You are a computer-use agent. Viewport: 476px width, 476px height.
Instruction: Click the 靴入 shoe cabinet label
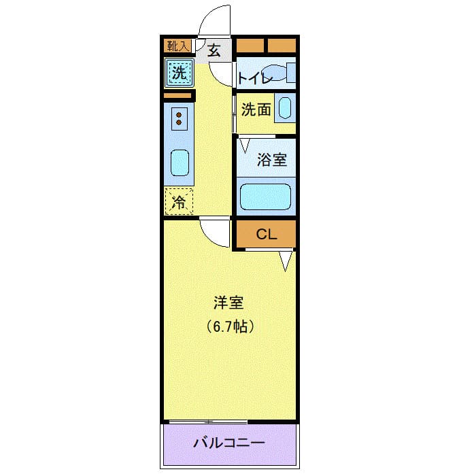pos(179,46)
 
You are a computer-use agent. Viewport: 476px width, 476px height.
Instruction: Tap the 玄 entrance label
pos(214,50)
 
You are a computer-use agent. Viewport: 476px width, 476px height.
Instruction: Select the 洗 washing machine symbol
pos(179,73)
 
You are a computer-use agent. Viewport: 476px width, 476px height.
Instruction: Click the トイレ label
pos(254,78)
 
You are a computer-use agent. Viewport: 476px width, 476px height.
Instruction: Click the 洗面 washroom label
pos(257,109)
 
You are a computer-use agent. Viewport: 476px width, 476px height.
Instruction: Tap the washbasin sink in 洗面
pos(285,109)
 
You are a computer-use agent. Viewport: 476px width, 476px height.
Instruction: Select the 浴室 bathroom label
pos(271,160)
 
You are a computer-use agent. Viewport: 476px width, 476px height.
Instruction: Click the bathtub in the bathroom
pos(266,197)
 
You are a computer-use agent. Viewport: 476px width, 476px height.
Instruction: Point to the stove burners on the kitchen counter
pos(180,118)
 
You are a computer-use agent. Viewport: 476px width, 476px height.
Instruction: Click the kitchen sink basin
pos(180,163)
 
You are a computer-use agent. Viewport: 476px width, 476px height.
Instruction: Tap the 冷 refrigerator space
pos(179,201)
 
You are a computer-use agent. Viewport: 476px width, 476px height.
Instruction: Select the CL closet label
pos(266,235)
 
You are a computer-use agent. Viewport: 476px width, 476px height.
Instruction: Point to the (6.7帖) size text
pos(231,327)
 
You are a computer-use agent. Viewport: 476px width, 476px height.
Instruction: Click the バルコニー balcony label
pos(229,443)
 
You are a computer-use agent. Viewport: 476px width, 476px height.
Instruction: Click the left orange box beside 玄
pos(249,46)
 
